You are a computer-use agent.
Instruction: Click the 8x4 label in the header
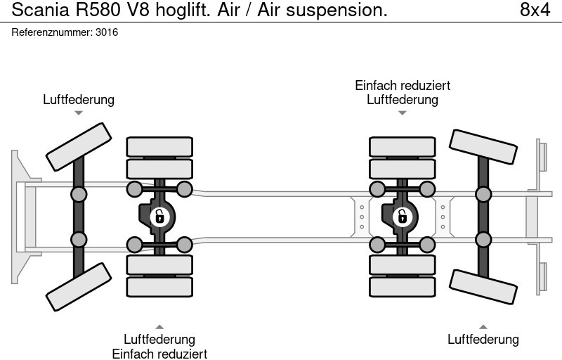pos(535,10)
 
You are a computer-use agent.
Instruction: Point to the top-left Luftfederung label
pos(79,100)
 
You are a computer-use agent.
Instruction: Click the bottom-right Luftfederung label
pos(483,340)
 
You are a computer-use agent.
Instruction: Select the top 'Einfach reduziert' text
pos(403,85)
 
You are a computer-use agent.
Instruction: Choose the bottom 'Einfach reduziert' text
pos(159,354)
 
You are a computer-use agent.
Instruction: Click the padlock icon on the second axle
pos(160,217)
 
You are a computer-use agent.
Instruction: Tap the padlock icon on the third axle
pos(403,217)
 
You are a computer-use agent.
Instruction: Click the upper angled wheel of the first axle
pos(79,146)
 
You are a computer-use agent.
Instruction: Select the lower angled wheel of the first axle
pos(79,287)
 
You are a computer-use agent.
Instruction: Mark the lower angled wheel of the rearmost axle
pos(483,286)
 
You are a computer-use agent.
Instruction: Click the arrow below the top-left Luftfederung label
pos(79,112)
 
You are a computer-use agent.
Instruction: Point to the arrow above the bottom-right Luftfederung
pos(483,326)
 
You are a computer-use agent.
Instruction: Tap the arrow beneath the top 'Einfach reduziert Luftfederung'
pos(403,112)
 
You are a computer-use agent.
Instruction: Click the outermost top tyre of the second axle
pos(159,146)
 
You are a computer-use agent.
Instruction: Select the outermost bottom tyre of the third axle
pos(403,287)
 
